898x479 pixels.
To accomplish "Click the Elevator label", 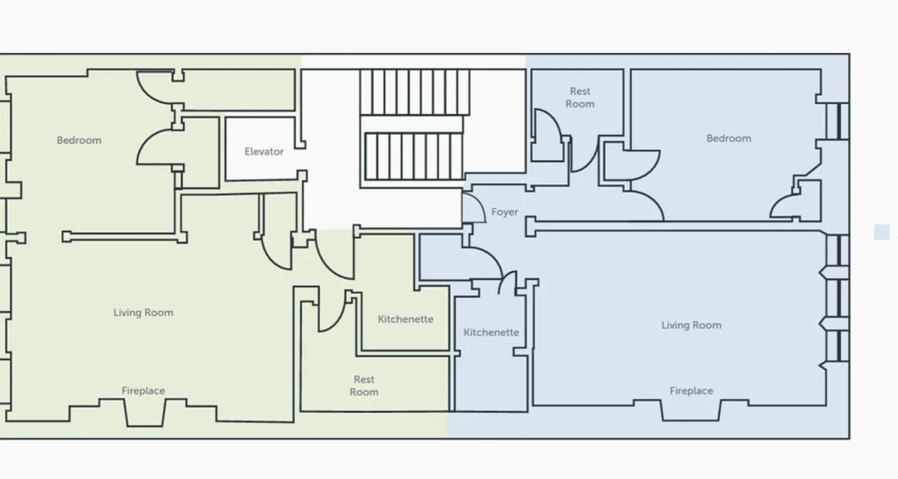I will coord(264,152).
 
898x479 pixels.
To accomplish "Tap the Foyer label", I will coord(505,212).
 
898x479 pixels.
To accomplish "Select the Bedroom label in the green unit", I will coord(79,141).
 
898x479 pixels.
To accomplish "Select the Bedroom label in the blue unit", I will coord(729,138).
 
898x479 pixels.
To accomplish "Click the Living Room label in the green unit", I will coord(143,313).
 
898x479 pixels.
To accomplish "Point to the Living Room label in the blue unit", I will coord(691,325).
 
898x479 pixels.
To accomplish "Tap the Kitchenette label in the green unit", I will coord(405,319).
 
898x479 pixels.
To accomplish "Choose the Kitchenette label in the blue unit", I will coord(491,332).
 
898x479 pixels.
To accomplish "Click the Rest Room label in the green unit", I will coord(364,386).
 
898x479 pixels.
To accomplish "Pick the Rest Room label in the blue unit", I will coord(580,98).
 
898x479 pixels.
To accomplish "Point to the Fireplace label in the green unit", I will coord(143,391).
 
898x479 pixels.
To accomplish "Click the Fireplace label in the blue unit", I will coord(691,391).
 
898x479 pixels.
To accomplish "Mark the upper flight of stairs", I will coord(414,92).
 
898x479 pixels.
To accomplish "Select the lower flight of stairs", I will coord(413,156).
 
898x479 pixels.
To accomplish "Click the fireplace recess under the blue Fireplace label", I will coord(691,410).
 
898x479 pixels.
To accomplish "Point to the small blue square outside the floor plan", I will coord(881,232).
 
